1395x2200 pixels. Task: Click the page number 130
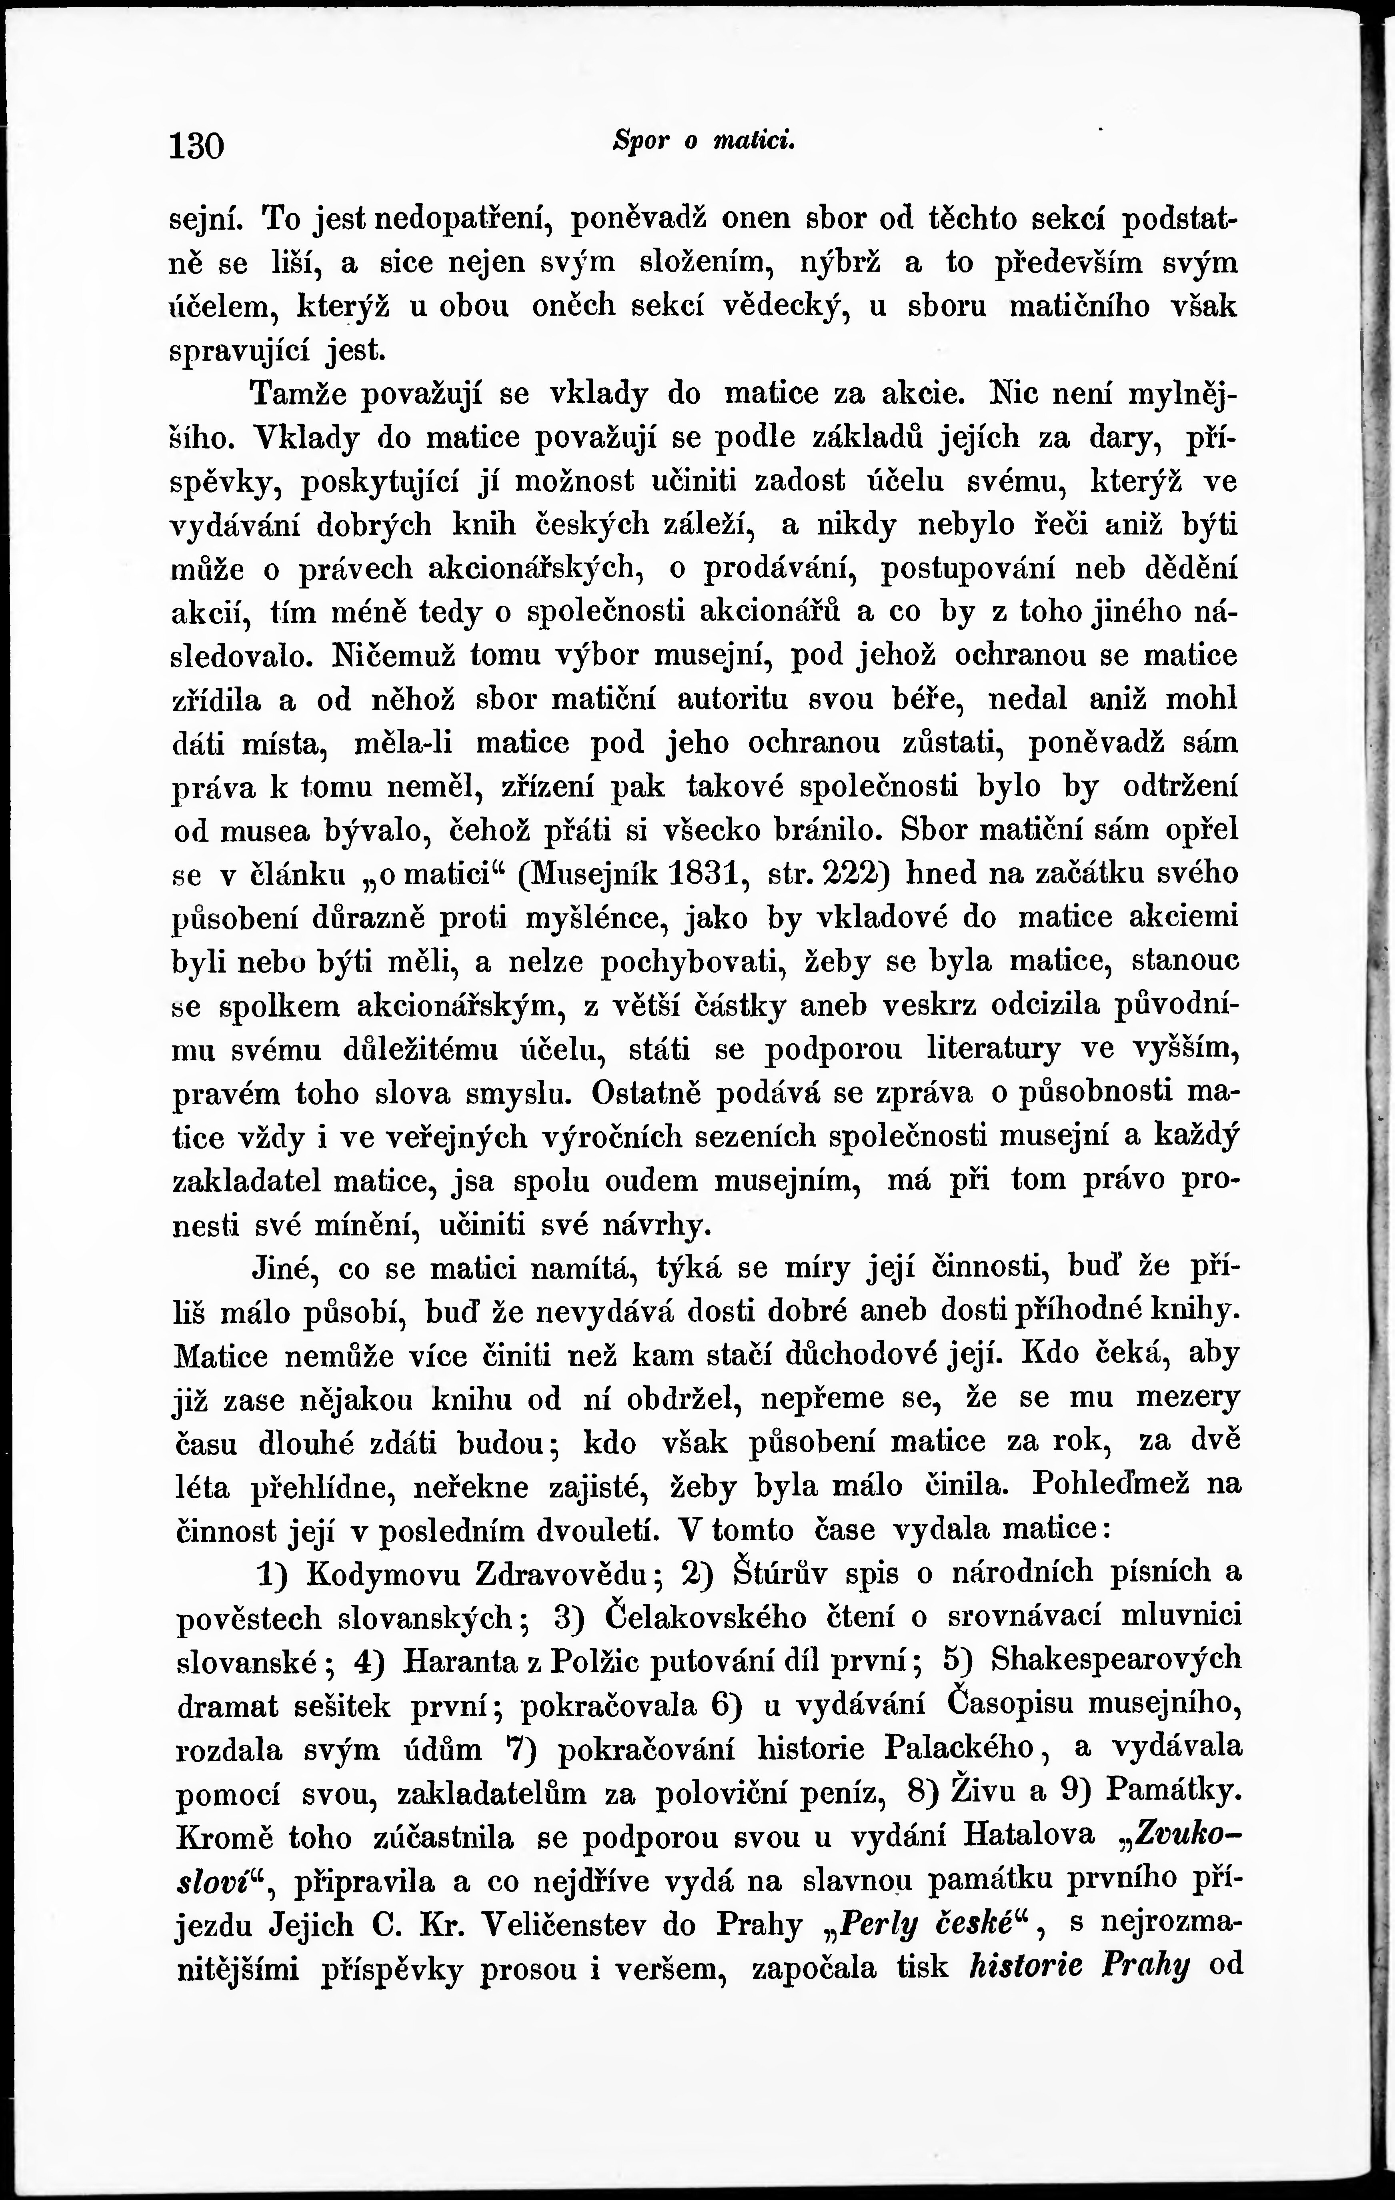[x=196, y=145]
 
